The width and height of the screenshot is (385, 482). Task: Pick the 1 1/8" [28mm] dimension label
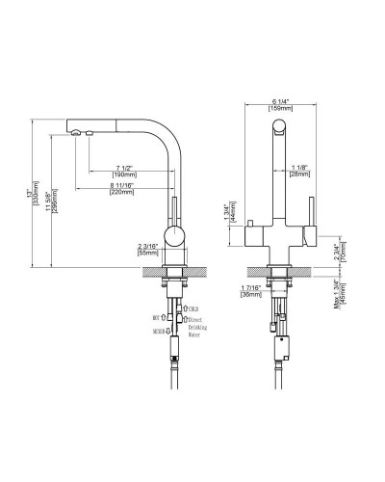(x=300, y=171)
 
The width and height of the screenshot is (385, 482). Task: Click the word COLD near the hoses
(x=195, y=308)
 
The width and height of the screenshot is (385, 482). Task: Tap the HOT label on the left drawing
(x=157, y=315)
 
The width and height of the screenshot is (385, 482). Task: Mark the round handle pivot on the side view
(x=173, y=236)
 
